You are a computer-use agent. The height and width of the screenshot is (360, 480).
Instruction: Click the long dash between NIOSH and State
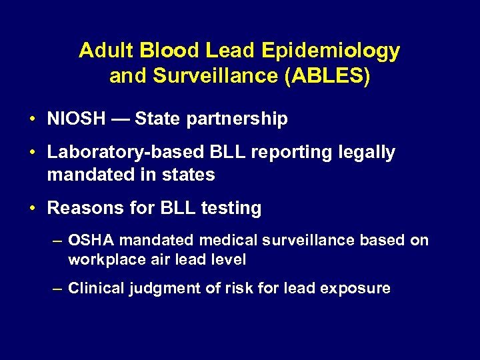coord(121,120)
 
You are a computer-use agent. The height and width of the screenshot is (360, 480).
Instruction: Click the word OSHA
coord(91,240)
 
